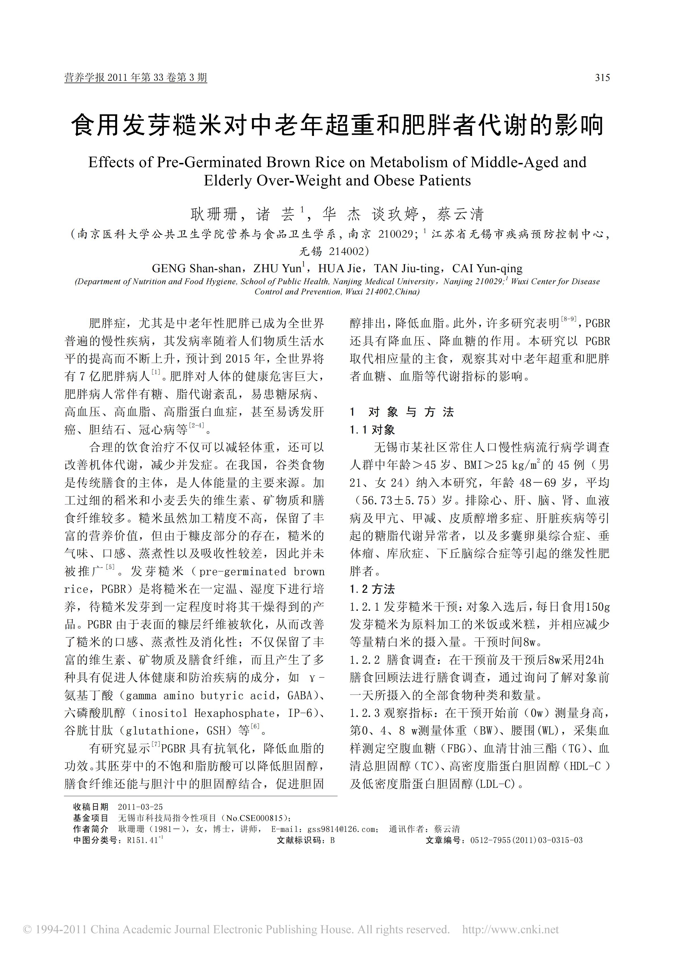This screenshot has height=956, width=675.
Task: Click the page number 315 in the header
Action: [x=602, y=77]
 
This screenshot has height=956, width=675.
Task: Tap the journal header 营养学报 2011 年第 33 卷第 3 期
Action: [x=136, y=77]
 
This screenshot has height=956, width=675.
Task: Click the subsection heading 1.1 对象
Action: [x=372, y=430]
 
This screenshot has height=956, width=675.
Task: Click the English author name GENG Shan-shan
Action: [x=196, y=269]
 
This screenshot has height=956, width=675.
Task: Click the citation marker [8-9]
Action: [x=568, y=319]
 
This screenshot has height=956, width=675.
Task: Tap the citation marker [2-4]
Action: [x=197, y=425]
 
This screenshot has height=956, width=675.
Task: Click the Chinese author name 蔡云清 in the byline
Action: [x=460, y=214]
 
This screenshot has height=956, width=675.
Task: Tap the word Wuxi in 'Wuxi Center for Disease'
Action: [x=520, y=282]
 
